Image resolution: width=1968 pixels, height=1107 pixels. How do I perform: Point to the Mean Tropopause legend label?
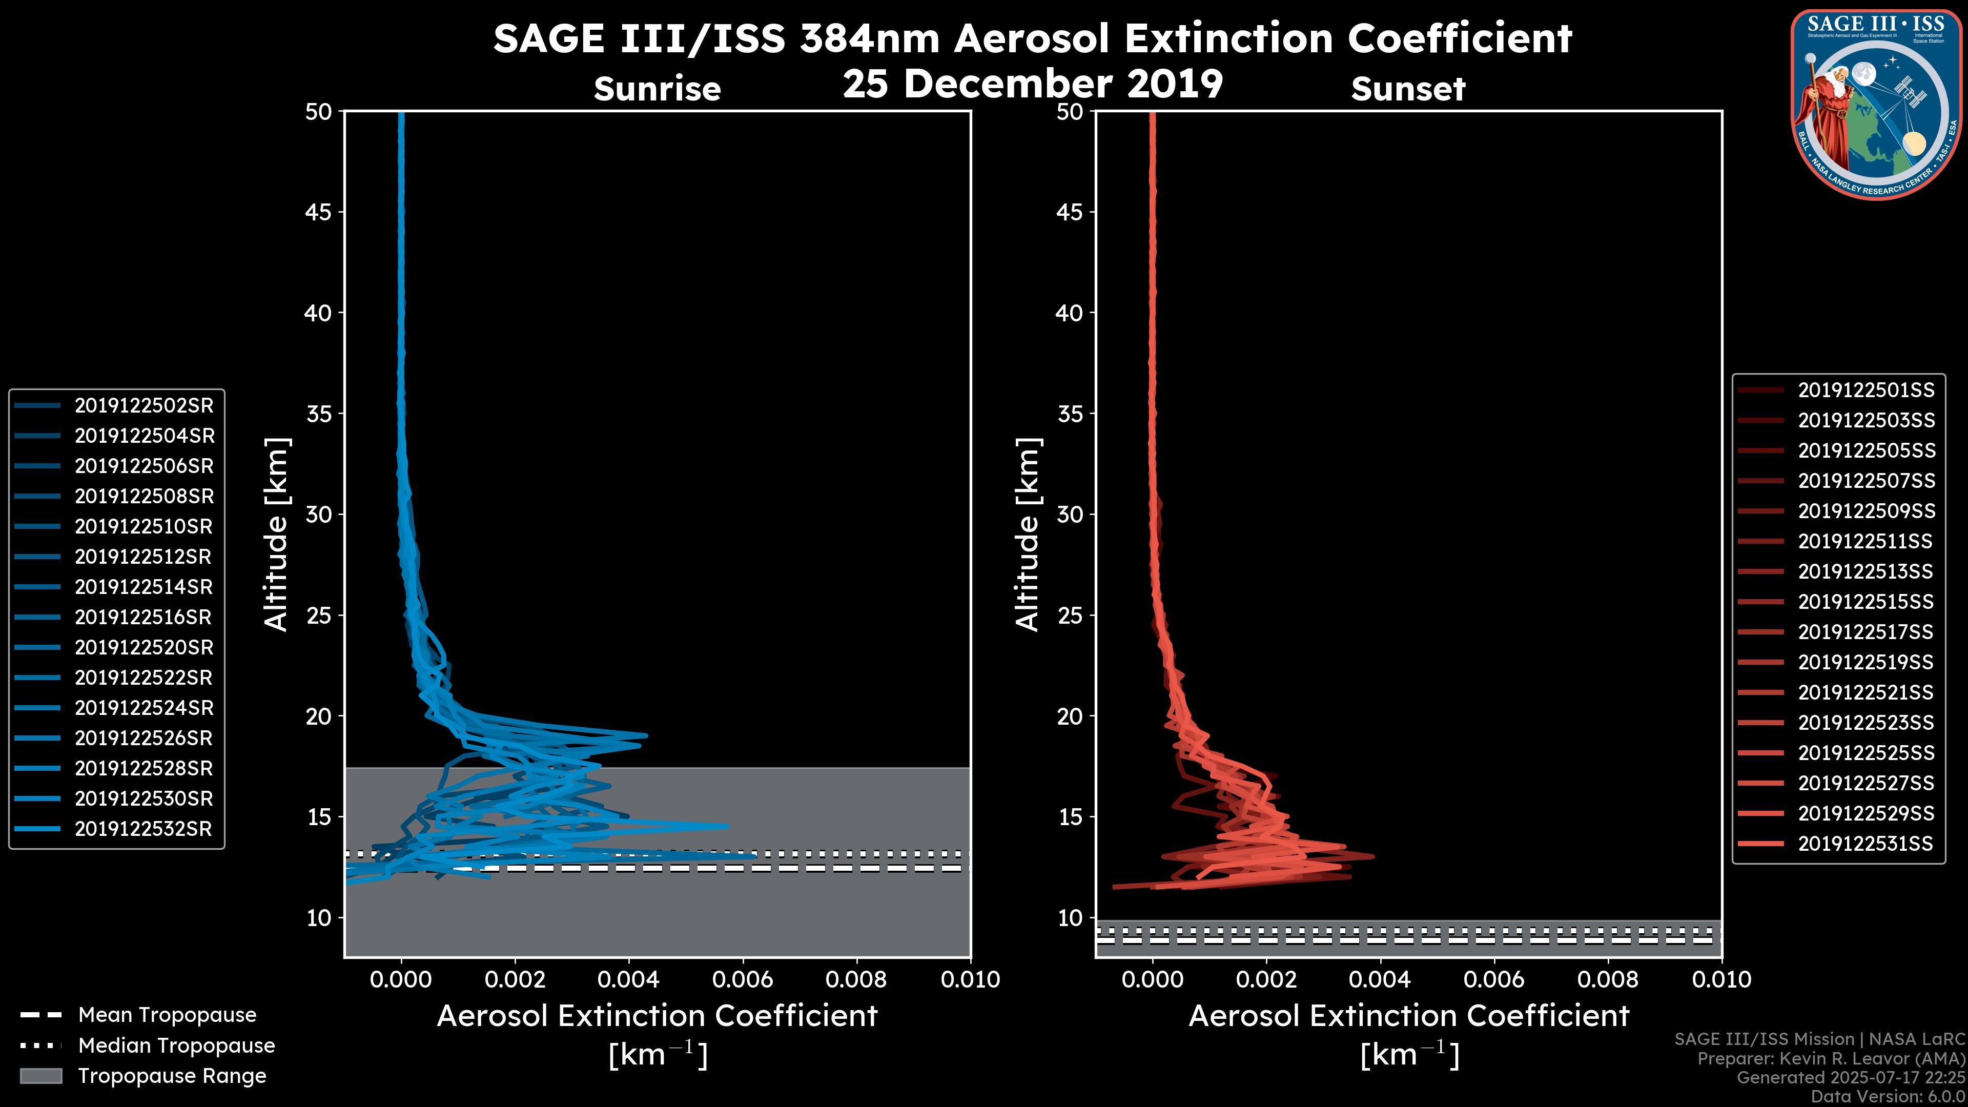[167, 1015]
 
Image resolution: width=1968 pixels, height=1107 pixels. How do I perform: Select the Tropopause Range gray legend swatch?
[41, 1076]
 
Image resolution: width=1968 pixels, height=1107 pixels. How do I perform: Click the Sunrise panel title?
[657, 89]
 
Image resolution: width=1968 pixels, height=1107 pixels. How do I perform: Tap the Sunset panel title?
[1408, 89]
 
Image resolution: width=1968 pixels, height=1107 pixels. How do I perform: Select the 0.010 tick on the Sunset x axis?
[1722, 979]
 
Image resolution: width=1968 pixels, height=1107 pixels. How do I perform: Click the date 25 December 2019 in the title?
[1033, 83]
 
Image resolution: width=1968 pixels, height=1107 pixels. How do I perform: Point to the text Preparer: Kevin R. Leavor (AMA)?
[1831, 1058]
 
